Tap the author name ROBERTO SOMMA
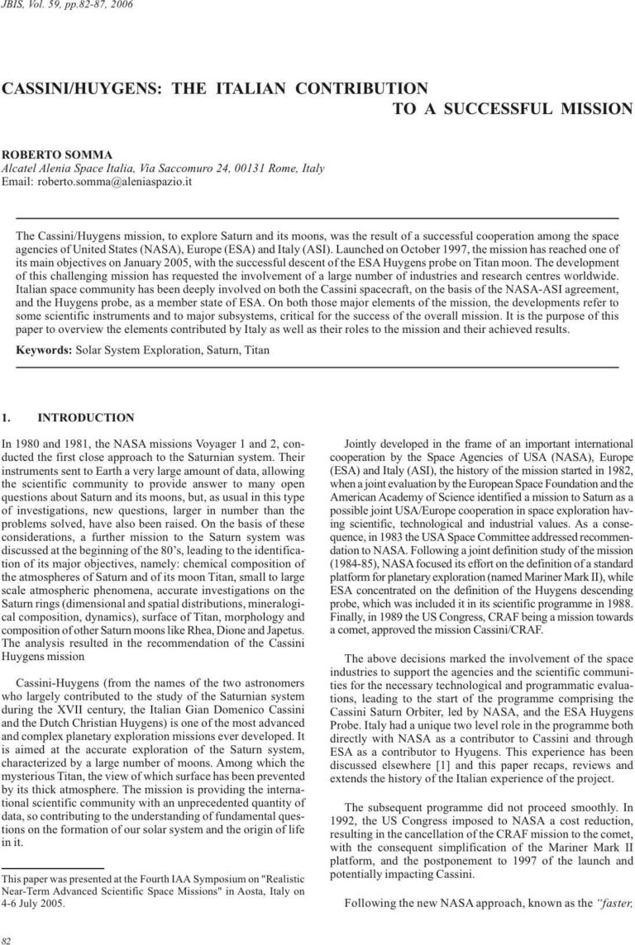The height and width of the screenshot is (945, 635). pyautogui.click(x=51, y=154)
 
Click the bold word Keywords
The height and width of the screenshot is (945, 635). pyautogui.click(x=45, y=350)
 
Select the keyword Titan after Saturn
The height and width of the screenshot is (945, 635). pyautogui.click(x=254, y=350)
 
